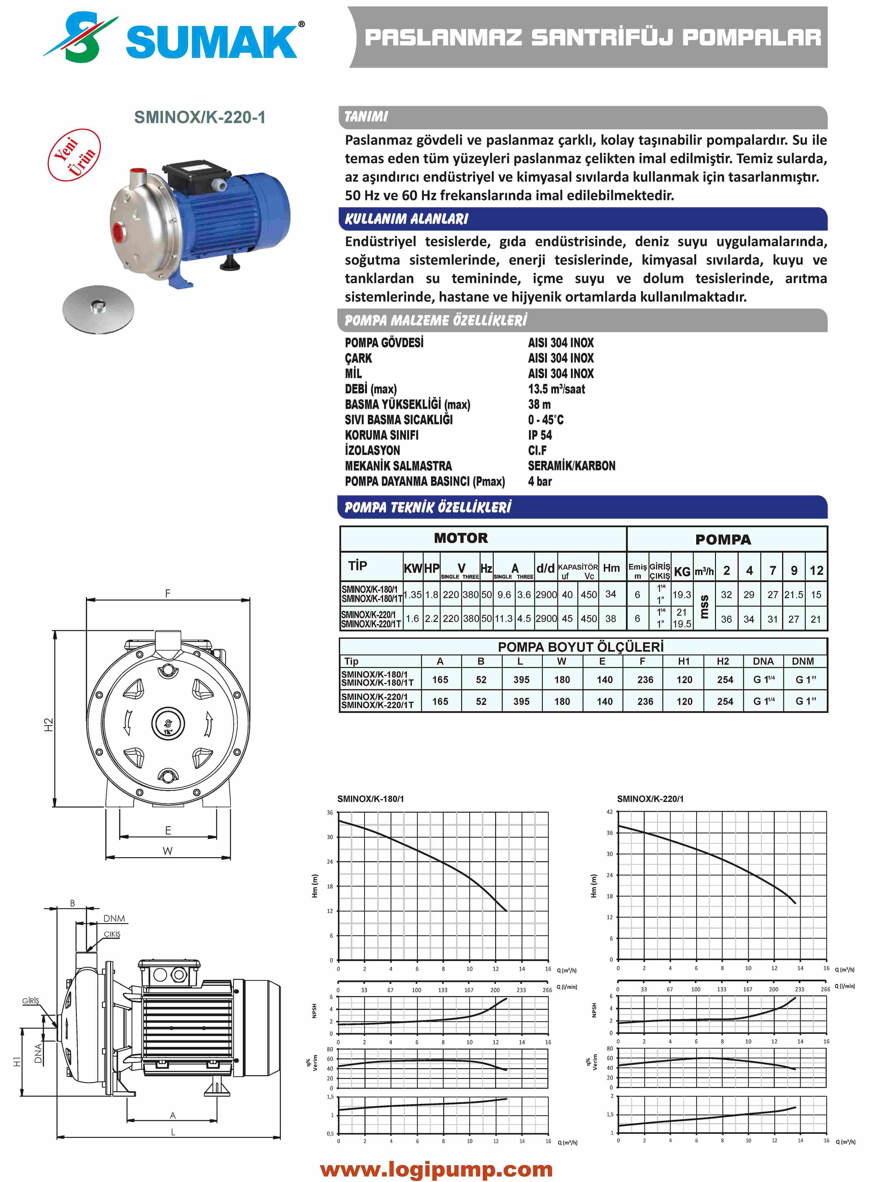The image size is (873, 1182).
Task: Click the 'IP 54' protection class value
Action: tap(540, 435)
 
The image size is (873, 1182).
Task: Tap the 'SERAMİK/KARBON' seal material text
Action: tap(571, 466)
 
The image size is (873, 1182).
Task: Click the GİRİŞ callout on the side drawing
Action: tap(30, 1001)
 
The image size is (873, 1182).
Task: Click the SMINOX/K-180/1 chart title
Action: tap(370, 799)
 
